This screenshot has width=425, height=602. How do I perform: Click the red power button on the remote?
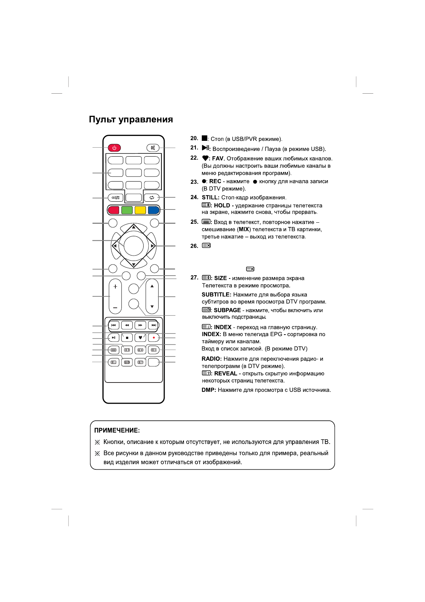pos(114,148)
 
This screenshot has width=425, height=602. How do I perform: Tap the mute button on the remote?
pos(153,148)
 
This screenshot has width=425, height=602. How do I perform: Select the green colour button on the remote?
pos(127,210)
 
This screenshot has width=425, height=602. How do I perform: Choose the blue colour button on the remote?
pos(154,210)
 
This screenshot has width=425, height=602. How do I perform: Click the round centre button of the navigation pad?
pos(134,246)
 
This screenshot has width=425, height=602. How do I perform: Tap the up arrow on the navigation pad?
pos(134,227)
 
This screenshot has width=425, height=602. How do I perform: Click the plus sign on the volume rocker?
pos(115,287)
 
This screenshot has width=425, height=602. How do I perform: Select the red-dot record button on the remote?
pos(154,337)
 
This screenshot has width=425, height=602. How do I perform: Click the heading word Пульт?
pos(102,119)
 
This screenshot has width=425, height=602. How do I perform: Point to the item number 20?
pos(194,138)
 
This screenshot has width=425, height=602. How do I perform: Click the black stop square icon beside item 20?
pos(205,138)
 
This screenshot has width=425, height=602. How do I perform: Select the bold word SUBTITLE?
pos(216,295)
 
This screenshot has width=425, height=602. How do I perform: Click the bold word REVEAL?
pos(226,374)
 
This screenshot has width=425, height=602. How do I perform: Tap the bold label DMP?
pos(209,390)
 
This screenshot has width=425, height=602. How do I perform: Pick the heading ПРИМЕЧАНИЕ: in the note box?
pos(117,430)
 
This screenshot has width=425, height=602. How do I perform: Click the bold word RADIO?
pos(212,359)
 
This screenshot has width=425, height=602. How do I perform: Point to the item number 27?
pos(194,278)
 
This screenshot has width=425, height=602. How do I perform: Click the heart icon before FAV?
pos(205,158)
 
